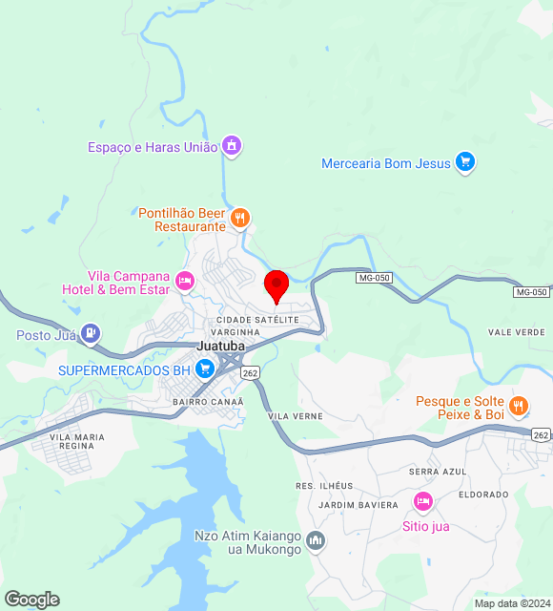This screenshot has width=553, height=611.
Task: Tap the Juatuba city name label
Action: tap(221, 346)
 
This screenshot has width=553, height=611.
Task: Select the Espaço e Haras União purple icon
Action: tap(231, 146)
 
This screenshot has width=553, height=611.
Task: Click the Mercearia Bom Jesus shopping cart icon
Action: tap(465, 162)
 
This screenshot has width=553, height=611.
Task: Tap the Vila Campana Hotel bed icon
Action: tap(185, 281)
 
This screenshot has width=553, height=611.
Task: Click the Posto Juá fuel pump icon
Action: tap(90, 334)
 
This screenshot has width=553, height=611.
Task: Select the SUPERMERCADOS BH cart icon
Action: tap(204, 369)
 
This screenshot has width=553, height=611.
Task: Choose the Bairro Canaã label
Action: tap(209, 402)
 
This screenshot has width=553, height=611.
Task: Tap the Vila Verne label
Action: tap(296, 416)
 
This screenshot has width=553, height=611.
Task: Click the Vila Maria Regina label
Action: tap(82, 441)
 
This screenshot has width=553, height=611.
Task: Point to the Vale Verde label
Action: tap(516, 332)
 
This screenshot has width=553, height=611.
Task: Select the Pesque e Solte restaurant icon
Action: tap(519, 406)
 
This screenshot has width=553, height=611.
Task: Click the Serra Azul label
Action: tap(438, 472)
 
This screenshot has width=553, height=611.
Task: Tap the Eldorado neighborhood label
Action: tap(483, 495)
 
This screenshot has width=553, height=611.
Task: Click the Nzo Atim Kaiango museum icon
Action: tap(317, 541)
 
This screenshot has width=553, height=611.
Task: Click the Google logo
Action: tap(32, 600)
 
